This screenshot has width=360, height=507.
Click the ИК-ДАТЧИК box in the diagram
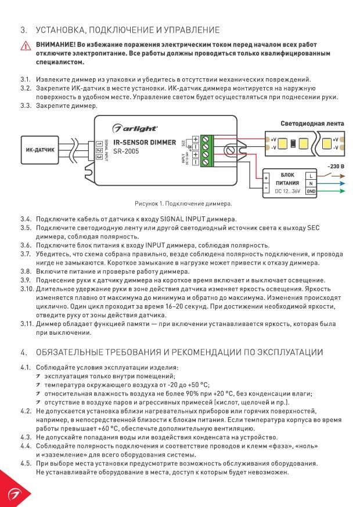click(40, 150)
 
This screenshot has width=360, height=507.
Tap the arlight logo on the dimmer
click(135, 128)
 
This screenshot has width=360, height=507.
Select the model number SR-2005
click(126, 151)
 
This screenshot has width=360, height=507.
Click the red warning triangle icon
click(26, 46)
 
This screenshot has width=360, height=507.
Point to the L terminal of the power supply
click(311, 176)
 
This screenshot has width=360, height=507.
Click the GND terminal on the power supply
click(311, 191)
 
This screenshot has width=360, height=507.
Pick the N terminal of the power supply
click(311, 184)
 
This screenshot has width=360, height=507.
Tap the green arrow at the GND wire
click(339, 191)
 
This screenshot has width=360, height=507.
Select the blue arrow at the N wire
click(339, 184)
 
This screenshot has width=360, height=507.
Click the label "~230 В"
click(336, 166)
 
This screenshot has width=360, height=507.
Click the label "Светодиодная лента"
click(312, 124)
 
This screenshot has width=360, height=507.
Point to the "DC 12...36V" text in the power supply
click(287, 191)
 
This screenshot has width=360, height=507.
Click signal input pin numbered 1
click(99, 144)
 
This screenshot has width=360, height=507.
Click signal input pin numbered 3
click(99, 157)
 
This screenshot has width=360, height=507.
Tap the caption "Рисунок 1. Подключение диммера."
click(183, 204)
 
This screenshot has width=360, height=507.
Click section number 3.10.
click(27, 289)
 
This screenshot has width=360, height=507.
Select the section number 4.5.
click(26, 463)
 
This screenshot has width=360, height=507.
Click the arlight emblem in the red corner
click(12, 494)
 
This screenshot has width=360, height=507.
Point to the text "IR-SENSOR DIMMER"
click(145, 142)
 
